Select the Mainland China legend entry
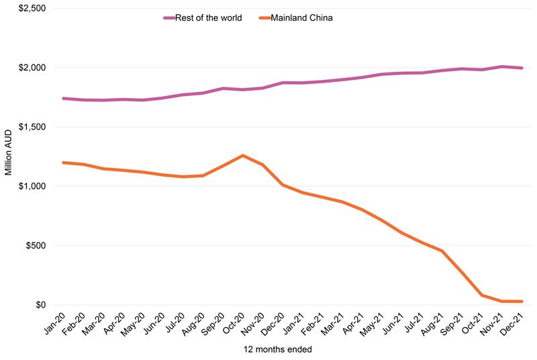click(x=300, y=18)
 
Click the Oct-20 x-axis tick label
click(x=234, y=324)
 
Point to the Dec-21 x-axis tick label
click(x=514, y=324)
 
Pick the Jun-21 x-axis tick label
click(x=394, y=324)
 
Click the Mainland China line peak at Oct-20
click(x=243, y=156)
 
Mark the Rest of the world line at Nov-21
click(x=502, y=66)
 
